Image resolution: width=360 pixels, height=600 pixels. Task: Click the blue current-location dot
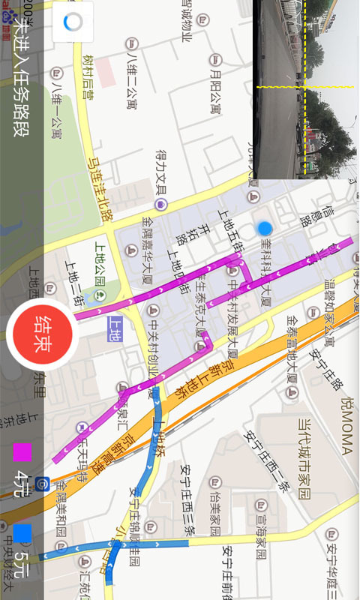tap(264, 228)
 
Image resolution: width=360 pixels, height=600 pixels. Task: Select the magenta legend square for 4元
tap(22, 453)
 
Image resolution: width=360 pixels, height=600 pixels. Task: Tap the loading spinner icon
tap(73, 22)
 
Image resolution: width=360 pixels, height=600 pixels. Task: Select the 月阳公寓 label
tap(216, 86)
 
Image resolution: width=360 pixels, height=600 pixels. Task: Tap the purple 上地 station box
tap(115, 328)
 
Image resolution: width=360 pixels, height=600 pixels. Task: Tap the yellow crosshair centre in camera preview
tap(304, 86)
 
